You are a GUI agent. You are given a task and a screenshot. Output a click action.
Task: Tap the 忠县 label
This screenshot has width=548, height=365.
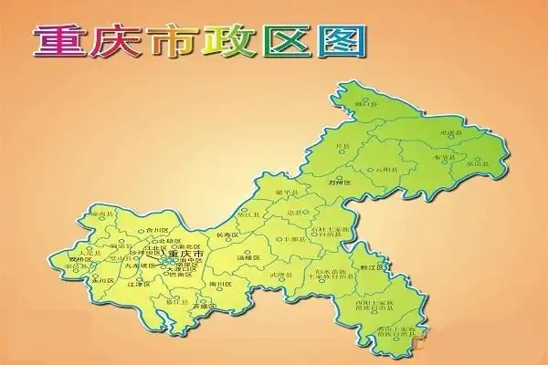[x=294, y=212]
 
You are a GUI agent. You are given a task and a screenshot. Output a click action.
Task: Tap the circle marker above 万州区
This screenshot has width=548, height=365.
[x=340, y=177]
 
